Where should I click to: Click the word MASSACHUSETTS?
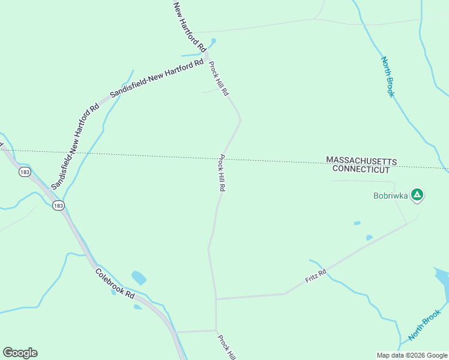[361, 161]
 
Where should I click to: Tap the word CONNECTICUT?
[361, 170]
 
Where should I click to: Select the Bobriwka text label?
[391, 196]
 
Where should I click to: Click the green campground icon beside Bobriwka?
[418, 194]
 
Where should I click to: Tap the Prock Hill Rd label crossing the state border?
[222, 173]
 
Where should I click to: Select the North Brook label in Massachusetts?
[388, 77]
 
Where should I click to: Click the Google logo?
[20, 353]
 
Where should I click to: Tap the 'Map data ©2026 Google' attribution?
[412, 355]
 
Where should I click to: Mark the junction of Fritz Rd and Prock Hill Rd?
[216, 298]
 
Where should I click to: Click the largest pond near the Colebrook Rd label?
[139, 278]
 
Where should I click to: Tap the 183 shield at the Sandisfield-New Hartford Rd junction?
[58, 206]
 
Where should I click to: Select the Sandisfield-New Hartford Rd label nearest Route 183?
[74, 148]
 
